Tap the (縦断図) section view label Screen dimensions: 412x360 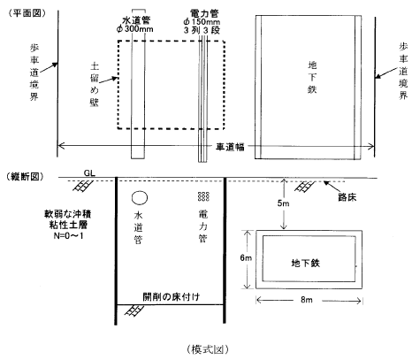(25, 176)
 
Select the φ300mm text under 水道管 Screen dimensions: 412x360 (135, 29)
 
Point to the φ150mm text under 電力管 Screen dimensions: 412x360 (202, 22)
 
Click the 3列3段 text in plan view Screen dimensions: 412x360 (202, 30)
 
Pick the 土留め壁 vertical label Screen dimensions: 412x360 (95, 84)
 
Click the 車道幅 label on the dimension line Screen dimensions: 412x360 (230, 147)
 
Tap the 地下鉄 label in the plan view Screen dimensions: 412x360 (312, 77)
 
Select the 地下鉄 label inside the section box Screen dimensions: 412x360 (306, 263)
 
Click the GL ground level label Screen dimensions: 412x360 (89, 173)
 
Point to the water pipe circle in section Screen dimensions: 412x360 (140, 198)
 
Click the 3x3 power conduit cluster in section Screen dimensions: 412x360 (203, 196)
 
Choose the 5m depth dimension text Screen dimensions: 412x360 (283, 203)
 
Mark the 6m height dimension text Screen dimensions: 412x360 (246, 258)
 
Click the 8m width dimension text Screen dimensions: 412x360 (307, 300)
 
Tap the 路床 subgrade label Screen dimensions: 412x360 (347, 197)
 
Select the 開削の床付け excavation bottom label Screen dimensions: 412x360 (172, 297)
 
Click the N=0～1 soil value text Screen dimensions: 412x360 (68, 236)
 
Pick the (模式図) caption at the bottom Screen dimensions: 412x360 (208, 349)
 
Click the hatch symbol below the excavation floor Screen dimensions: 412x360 (134, 310)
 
